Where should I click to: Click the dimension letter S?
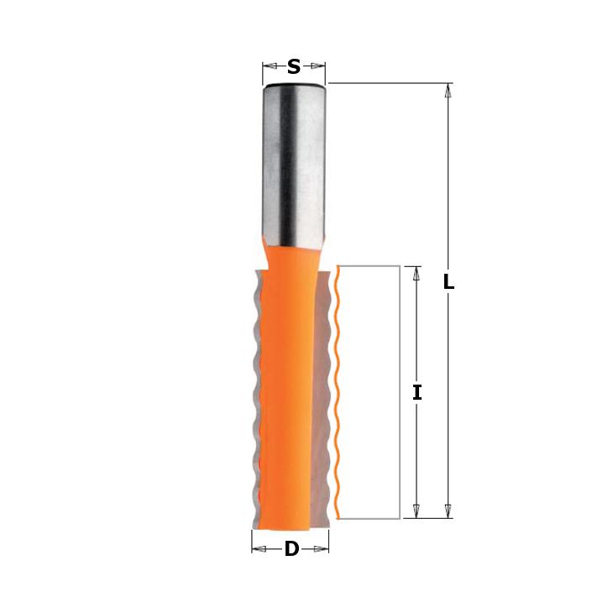coord(294,66)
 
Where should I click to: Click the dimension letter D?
coord(291,549)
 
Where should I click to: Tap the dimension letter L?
coord(448,281)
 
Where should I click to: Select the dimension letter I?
coord(417,393)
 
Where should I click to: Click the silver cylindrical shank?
coord(293,165)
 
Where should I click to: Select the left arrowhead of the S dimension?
coord(270,66)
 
